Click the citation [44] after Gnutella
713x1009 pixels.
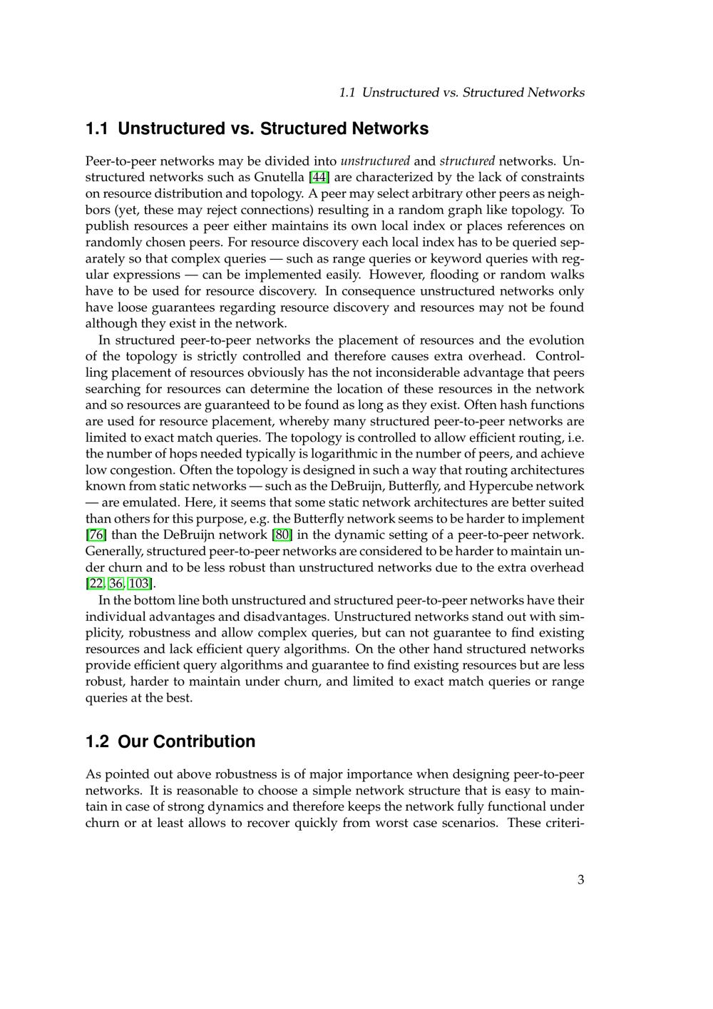319,177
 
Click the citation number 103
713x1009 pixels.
139,584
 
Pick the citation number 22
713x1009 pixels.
96,584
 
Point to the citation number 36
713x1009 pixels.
116,584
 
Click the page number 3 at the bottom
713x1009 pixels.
580,880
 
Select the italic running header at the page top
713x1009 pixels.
461,93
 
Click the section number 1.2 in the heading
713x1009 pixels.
97,742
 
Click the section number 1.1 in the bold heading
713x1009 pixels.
97,129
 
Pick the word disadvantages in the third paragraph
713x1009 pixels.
284,617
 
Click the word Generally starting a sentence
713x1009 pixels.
114,552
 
